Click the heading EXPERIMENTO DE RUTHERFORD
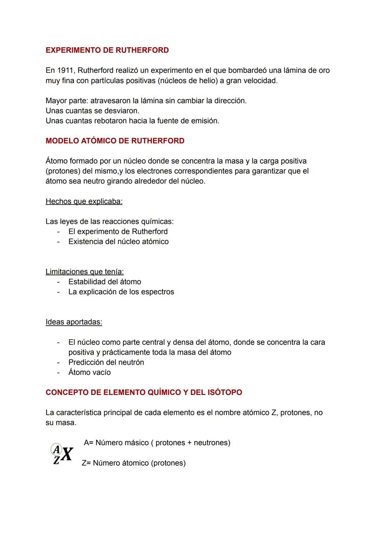pos(107,50)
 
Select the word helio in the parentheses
pos(205,81)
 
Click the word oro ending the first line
pos(324,70)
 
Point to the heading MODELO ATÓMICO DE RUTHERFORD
pos(115,141)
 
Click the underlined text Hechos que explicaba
pos(84,201)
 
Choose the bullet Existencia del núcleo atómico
pos(118,242)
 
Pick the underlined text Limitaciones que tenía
pos(85,272)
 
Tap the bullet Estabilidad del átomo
pos(105,282)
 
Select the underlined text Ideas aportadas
pos(74,322)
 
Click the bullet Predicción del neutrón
pos(106,362)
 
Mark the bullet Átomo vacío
pos(90,373)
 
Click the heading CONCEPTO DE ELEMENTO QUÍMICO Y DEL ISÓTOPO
pos(144,392)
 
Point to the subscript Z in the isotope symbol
pos(56,460)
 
